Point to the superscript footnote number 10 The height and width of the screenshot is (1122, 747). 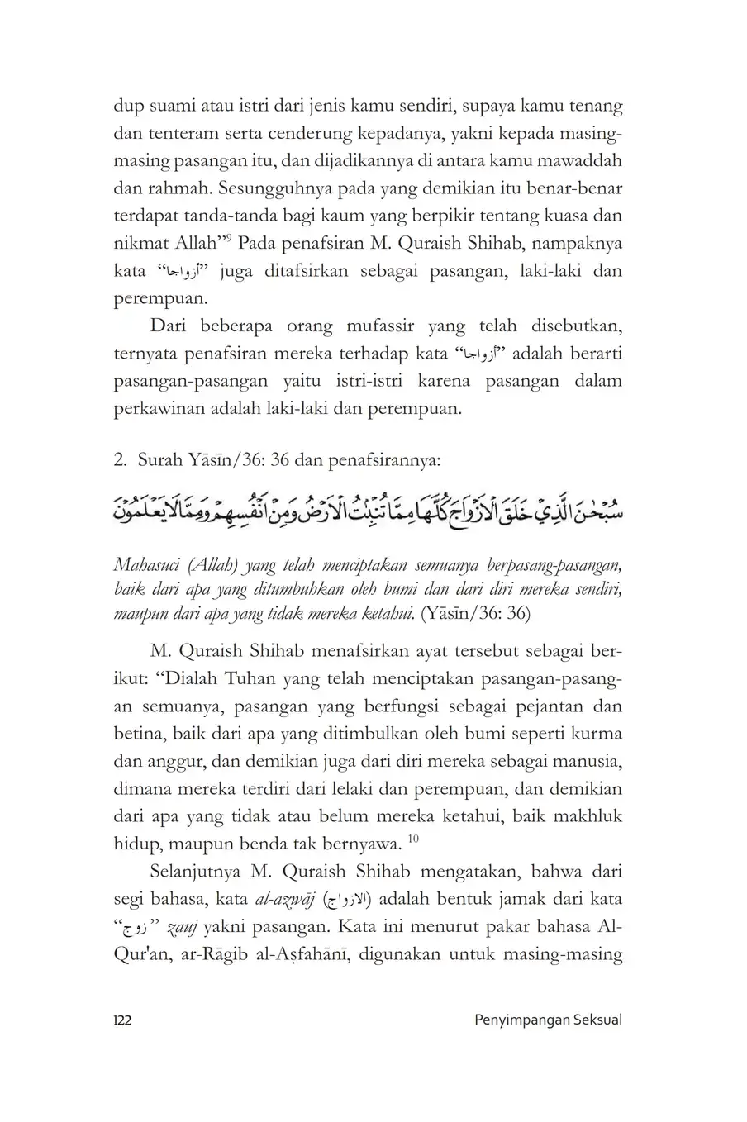[x=413, y=840]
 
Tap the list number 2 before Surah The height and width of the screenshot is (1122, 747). [x=119, y=460]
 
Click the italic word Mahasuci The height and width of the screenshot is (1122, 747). [x=150, y=565]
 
